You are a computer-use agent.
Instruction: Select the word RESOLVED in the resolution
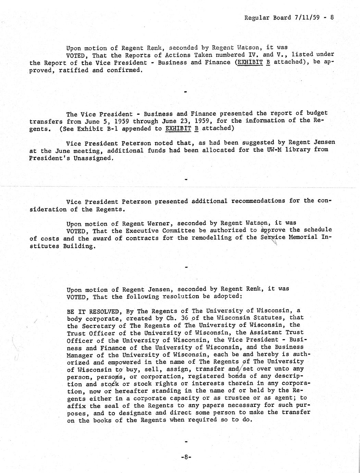point(103,312)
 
